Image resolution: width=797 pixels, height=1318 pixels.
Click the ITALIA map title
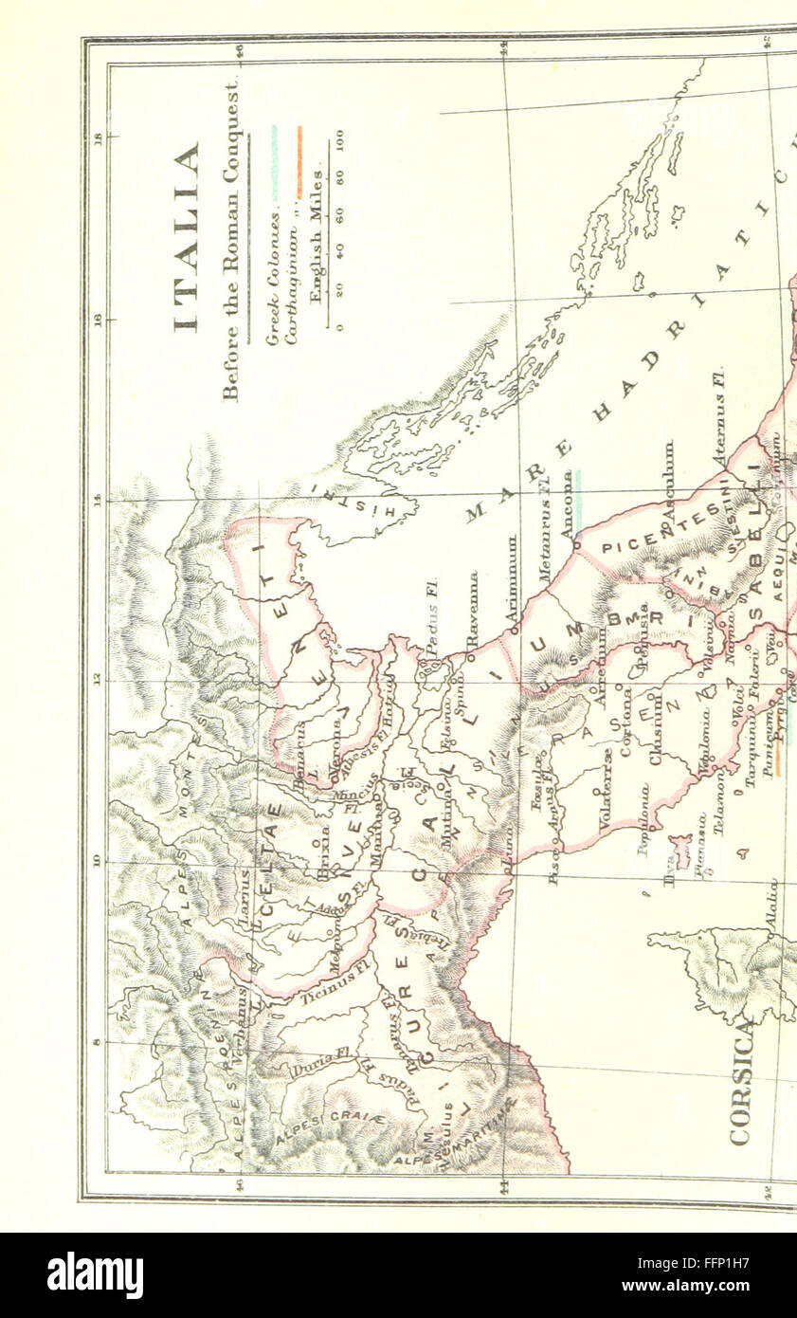188,237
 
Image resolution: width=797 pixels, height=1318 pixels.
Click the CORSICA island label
740,1081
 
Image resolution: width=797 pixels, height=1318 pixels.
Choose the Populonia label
643,819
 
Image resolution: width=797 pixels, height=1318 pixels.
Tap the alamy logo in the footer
95,1275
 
